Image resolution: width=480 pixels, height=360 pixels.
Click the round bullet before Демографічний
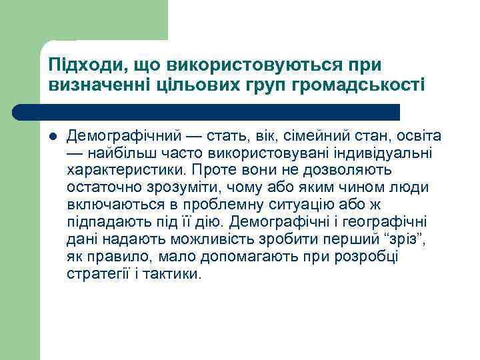point(53,137)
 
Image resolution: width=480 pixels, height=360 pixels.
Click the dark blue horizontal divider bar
point(207,111)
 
